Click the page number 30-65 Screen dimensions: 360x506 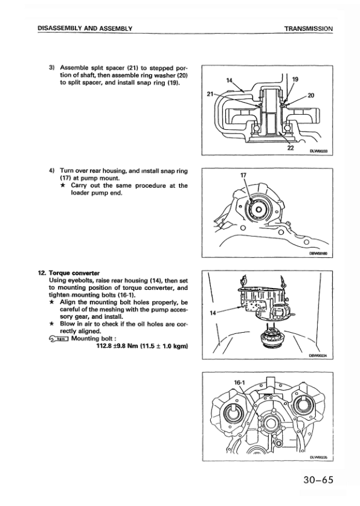[318, 480]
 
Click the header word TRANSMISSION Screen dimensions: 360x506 [308, 28]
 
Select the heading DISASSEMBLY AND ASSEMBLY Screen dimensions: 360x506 [85, 28]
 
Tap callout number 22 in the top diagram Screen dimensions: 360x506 [291, 148]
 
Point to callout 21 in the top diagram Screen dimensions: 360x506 [210, 94]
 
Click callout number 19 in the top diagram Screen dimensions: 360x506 [295, 78]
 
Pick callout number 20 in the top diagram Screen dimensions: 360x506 [311, 95]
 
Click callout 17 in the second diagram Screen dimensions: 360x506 [243, 175]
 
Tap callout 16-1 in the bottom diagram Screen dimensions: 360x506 [239, 383]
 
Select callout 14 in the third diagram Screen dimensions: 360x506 [213, 313]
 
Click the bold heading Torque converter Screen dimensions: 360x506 [74, 273]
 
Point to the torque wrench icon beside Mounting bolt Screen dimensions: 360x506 [58, 339]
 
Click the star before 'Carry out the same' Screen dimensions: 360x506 [63, 185]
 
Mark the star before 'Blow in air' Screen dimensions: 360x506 [51, 324]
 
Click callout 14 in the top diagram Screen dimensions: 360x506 [230, 80]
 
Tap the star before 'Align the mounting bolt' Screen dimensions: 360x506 [51, 303]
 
